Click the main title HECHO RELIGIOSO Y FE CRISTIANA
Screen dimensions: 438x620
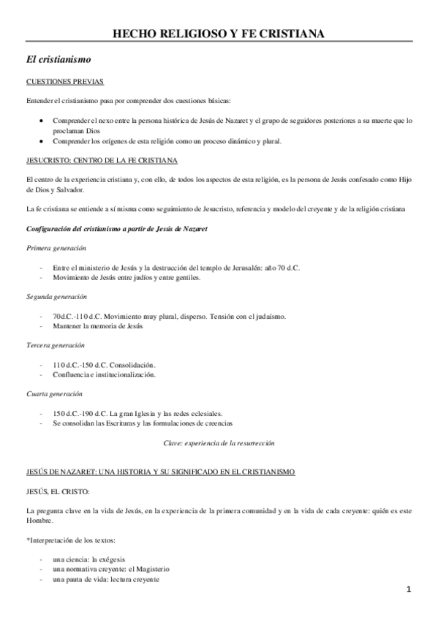[x=219, y=33]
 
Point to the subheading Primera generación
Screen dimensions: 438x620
[x=56, y=249]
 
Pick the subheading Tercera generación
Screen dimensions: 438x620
[x=55, y=344]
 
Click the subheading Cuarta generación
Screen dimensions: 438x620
[x=55, y=393]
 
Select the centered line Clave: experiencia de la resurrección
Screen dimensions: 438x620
[x=219, y=443]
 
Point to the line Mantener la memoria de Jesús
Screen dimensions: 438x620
[x=97, y=326]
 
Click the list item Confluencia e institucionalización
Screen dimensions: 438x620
[x=104, y=374]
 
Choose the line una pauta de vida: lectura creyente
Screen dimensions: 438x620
[x=106, y=579]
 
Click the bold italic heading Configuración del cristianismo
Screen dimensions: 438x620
[x=116, y=230]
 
